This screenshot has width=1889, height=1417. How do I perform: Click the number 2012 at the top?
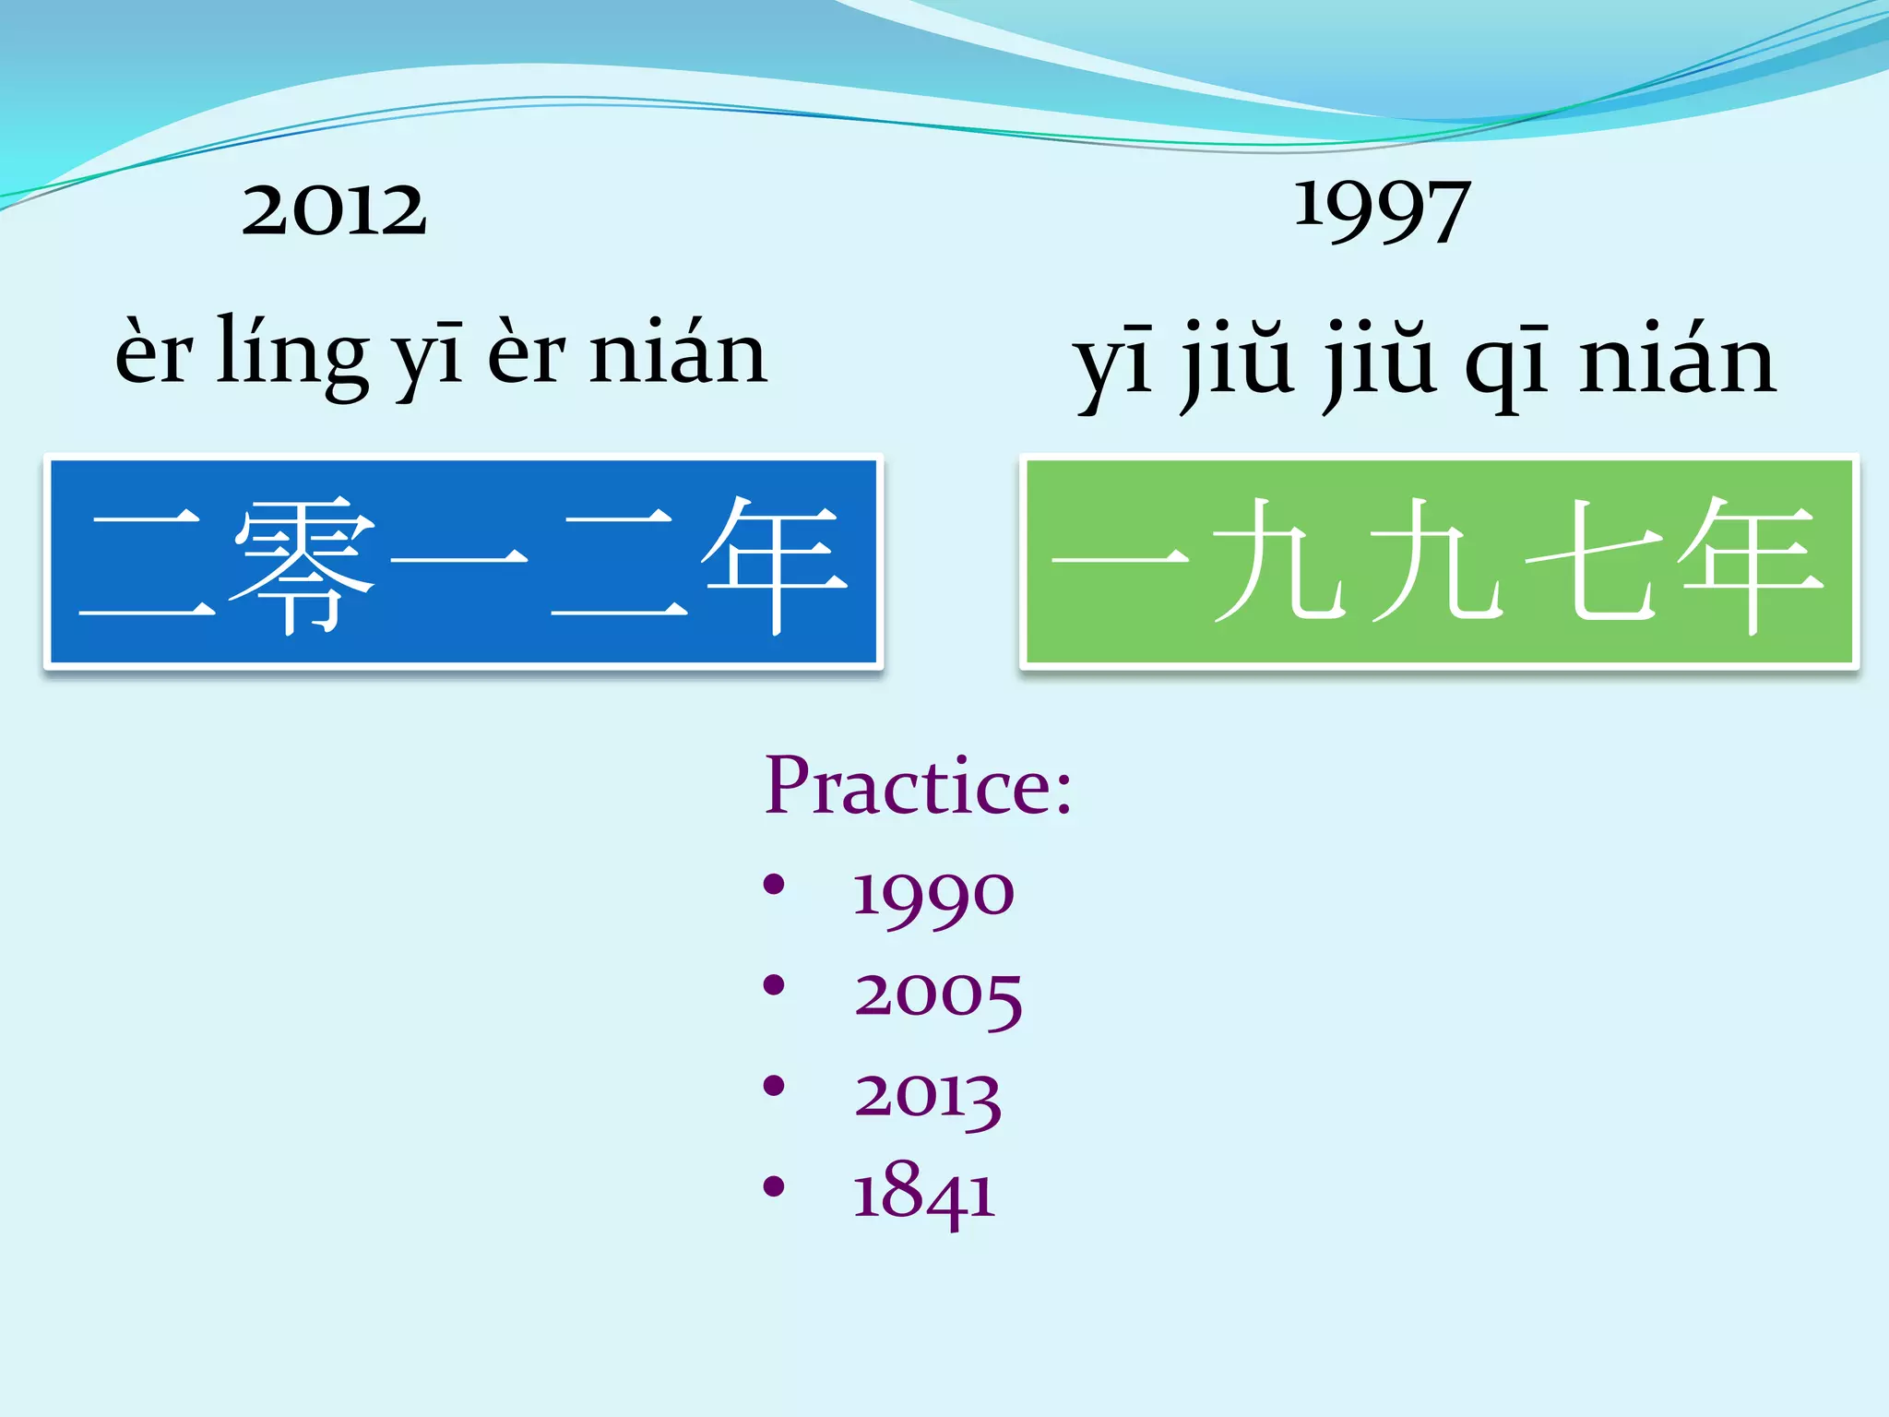[x=334, y=209]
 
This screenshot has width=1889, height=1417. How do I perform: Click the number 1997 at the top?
[x=1381, y=210]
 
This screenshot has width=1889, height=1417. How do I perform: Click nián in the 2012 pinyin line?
[x=678, y=353]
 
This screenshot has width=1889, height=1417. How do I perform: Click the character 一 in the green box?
[x=1119, y=557]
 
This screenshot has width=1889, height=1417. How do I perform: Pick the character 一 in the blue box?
[x=458, y=557]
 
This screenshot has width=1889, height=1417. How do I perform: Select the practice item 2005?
[x=937, y=995]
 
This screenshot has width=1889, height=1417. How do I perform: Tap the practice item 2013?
[x=927, y=1096]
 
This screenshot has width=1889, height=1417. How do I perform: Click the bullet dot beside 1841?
[x=774, y=1186]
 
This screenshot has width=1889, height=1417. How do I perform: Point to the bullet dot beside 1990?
[x=774, y=885]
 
